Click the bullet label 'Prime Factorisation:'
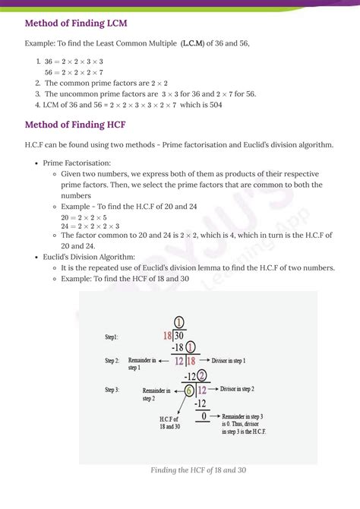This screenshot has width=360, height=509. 77,163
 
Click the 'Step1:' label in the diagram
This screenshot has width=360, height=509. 116,336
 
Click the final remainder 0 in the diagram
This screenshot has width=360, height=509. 203,416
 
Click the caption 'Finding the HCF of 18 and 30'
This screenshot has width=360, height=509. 198,469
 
